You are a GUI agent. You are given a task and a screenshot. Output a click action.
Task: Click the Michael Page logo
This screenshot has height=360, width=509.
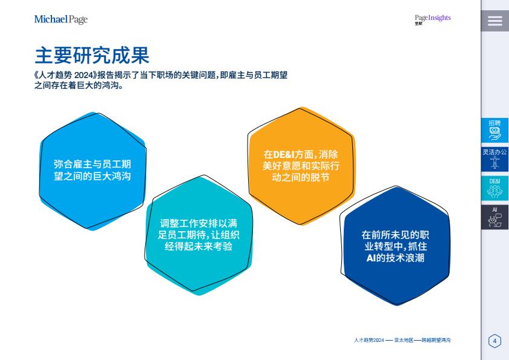coord(61,19)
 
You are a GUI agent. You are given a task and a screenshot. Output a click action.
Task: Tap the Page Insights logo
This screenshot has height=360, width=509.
coord(432,19)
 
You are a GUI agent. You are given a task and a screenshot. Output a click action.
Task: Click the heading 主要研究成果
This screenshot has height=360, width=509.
coord(92,55)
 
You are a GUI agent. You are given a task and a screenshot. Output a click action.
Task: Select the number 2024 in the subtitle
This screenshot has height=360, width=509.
coord(84,75)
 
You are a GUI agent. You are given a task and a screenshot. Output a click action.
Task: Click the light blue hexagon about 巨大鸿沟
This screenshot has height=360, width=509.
coord(93,171)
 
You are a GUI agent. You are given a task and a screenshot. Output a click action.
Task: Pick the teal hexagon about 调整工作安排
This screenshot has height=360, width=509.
coord(199,235)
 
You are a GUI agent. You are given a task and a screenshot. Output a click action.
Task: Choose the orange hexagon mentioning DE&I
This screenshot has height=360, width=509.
coord(301,166)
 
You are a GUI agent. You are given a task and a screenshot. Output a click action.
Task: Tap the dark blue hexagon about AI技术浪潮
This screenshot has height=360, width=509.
coord(395,246)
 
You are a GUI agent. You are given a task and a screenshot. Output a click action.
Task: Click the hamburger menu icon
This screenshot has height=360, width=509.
coord(494,21)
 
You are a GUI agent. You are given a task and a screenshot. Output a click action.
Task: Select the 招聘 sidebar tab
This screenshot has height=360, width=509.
coord(494,130)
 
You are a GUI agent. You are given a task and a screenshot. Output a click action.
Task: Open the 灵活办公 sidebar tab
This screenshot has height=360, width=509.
coord(494,159)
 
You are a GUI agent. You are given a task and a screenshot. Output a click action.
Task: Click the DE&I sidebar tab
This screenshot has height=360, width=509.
coord(494,188)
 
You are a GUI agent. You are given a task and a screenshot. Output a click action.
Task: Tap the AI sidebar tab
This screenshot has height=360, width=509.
coord(494,217)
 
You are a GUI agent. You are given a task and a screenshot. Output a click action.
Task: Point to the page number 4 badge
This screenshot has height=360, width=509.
coord(494,341)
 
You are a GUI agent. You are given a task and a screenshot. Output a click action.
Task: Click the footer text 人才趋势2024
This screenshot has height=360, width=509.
coord(369,340)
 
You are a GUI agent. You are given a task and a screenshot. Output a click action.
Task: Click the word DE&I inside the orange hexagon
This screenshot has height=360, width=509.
coord(284,154)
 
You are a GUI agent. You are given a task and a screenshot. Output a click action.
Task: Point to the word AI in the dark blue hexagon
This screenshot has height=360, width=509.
coord(371,258)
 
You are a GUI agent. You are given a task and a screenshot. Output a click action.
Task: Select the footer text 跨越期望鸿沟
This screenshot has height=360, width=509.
coord(436,340)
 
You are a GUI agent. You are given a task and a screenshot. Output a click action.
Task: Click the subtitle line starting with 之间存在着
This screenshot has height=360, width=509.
coord(79,86)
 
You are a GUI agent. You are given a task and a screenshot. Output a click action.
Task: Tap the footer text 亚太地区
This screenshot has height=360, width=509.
coord(404,340)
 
